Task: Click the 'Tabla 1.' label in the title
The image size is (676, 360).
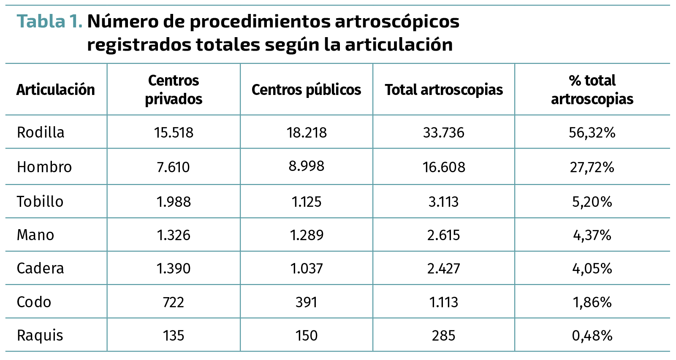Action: pos(49,22)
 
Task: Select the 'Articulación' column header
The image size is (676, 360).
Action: pos(55,90)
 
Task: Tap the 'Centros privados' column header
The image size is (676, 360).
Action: pos(174,89)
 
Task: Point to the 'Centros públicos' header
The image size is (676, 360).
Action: pos(306,90)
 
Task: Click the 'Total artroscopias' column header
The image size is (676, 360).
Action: pos(444,90)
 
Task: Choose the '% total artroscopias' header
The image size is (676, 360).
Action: pos(592,89)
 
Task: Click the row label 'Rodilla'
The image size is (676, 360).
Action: pos(41,133)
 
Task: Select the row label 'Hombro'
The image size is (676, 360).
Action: pos(44,167)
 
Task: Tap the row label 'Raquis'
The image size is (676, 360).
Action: pos(40,336)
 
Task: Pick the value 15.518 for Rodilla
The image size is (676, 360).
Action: pos(174,133)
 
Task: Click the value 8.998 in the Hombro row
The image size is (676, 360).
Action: pos(306,166)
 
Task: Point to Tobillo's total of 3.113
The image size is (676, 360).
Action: pos(443,202)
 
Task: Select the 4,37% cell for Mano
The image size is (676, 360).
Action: pos(592,235)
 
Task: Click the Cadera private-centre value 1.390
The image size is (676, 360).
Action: pos(174,268)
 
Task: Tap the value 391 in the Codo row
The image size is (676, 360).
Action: pos(306,302)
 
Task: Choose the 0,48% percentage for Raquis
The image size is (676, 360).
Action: pos(592,336)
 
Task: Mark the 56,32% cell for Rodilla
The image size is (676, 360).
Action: pos(592,133)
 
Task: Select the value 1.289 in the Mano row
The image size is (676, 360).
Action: pos(307,235)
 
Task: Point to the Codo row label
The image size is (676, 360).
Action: pos(34,302)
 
